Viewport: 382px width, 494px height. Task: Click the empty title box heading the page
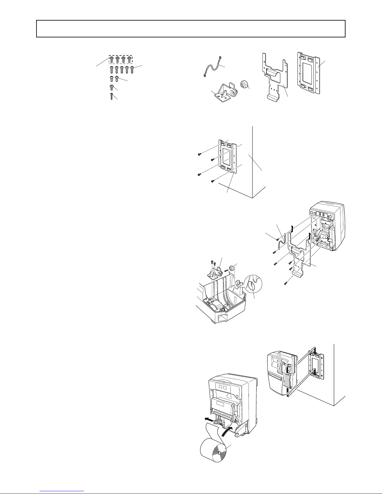point(191,29)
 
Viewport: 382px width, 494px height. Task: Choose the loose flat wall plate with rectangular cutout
point(309,73)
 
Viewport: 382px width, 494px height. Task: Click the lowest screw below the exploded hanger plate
point(285,284)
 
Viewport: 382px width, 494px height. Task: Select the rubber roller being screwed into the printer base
point(232,268)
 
